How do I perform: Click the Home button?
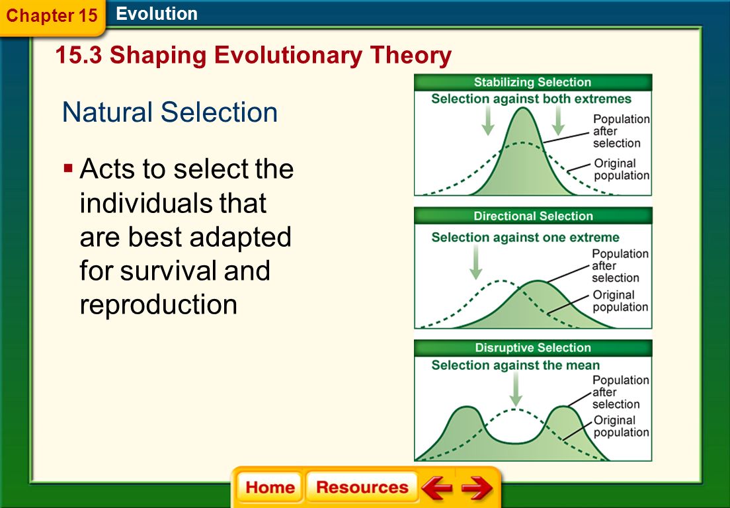point(270,487)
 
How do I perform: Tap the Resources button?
point(362,487)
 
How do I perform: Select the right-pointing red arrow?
point(477,487)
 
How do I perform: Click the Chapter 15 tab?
point(52,16)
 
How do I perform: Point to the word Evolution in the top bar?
point(157,14)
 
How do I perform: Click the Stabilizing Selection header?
point(532,83)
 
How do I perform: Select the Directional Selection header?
point(533,216)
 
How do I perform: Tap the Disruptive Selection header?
point(533,348)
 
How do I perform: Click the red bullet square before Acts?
point(69,167)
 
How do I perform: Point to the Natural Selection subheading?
point(170,112)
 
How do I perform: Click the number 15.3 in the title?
point(78,56)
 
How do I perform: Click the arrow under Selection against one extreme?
point(476,262)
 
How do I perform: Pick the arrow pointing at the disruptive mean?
point(515,389)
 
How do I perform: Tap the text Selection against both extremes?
point(531,99)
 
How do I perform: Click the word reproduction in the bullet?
point(158,304)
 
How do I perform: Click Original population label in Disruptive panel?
point(621,426)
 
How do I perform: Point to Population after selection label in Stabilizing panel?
point(621,131)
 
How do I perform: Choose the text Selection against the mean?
point(515,365)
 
